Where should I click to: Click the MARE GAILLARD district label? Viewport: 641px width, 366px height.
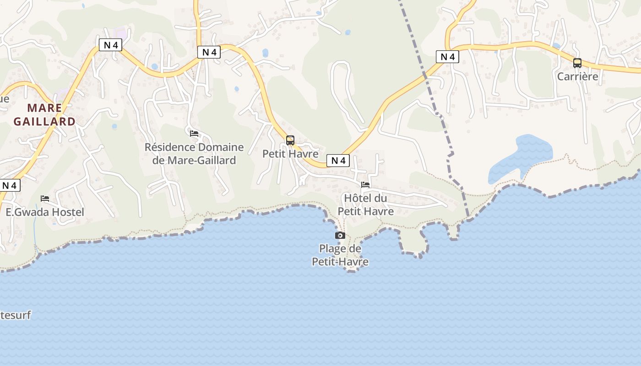coord(44,114)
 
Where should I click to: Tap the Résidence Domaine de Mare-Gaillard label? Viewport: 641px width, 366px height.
coord(194,154)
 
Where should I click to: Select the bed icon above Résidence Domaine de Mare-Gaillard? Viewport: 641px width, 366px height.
coord(194,134)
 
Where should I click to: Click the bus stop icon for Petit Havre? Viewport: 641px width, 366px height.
coord(290,140)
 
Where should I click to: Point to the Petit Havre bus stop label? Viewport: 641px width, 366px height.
coord(290,154)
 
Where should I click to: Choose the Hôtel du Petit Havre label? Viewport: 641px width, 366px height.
coord(365,205)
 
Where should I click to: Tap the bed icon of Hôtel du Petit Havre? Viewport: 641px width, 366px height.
coord(365,185)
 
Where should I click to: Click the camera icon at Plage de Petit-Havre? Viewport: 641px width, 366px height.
coord(340,235)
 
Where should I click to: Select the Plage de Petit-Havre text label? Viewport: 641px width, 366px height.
coord(340,255)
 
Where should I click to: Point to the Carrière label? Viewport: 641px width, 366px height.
coord(577,76)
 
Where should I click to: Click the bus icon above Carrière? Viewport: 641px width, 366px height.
coord(577,63)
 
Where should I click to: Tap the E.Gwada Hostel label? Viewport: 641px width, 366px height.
coord(45,212)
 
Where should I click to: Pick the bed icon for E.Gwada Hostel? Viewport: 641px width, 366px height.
coord(45,199)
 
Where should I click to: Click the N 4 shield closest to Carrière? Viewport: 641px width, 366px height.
coord(447,57)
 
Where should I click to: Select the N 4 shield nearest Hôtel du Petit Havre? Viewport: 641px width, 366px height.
coord(338,161)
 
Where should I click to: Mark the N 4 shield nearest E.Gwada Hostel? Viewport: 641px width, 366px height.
coord(10,185)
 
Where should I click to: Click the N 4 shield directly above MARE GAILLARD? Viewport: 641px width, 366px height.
coord(110,45)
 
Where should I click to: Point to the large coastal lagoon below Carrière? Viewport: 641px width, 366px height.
coord(522,158)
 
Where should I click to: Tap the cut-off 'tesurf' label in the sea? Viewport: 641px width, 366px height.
coord(15,315)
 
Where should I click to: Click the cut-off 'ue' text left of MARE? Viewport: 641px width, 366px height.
coord(4,99)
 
